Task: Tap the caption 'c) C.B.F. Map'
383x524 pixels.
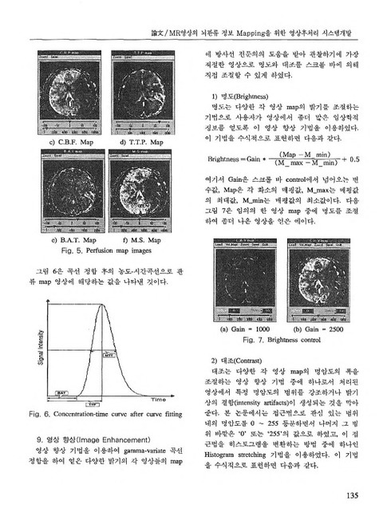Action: coord(69,142)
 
